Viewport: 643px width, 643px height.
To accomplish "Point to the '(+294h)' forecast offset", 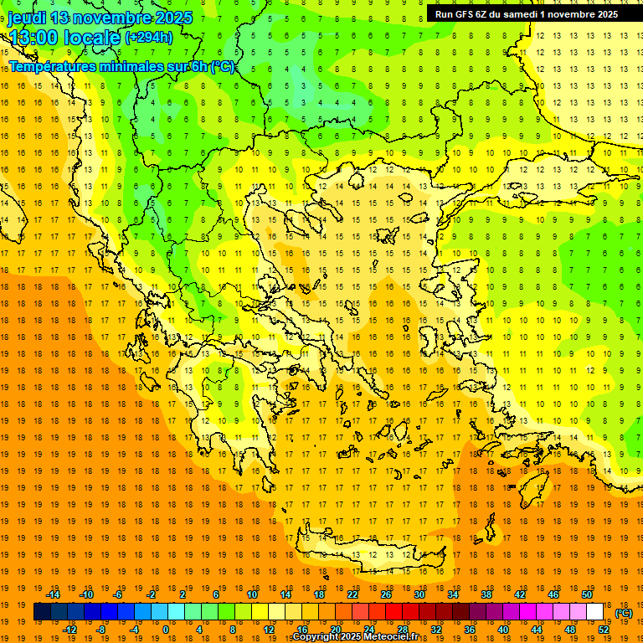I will click(x=148, y=37).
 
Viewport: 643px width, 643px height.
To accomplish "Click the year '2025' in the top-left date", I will click(x=174, y=18).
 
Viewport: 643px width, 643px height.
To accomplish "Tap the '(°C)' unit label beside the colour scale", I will click(x=624, y=613).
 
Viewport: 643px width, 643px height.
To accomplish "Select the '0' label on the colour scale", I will click(x=165, y=630).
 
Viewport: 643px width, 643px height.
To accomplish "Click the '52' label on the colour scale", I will click(x=604, y=630).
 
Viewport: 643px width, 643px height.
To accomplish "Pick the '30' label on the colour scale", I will click(x=419, y=594).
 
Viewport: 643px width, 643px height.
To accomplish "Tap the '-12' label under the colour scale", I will click(x=69, y=630).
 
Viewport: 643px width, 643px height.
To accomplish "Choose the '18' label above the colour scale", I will click(x=319, y=594).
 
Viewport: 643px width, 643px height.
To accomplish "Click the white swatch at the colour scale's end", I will click(x=595, y=612).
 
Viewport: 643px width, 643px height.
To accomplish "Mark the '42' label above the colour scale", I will click(x=519, y=594).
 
